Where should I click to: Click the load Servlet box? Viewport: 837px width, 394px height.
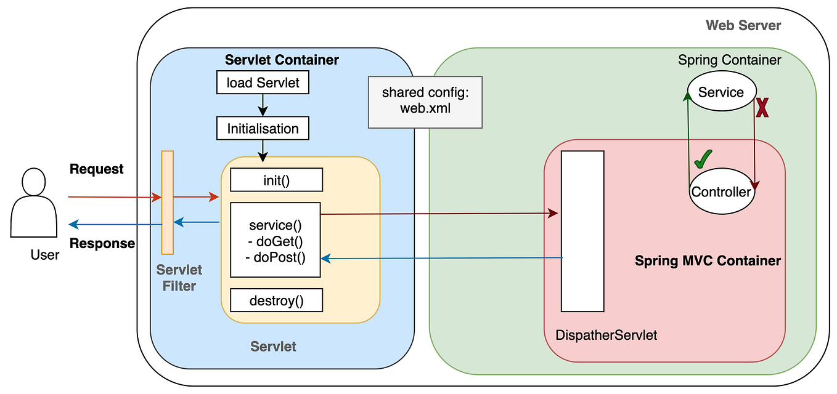[263, 82]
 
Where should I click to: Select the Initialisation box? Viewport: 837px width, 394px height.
[263, 129]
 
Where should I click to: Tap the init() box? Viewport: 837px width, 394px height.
[276, 180]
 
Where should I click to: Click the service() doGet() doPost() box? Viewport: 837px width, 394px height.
[276, 240]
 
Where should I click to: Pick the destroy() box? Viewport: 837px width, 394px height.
[276, 301]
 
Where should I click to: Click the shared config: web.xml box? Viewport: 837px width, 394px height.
[425, 102]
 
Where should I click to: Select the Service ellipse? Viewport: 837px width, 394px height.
[721, 92]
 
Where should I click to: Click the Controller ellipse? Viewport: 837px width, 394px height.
[721, 191]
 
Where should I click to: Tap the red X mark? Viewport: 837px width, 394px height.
[762, 108]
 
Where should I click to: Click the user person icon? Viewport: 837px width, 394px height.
[29, 203]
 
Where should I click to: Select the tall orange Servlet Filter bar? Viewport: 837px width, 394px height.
[167, 202]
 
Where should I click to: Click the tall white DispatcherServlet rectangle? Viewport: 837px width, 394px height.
[582, 231]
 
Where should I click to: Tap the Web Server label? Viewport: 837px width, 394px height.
[743, 25]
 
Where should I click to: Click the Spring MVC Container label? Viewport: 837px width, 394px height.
[708, 260]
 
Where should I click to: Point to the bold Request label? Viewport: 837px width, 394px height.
[97, 169]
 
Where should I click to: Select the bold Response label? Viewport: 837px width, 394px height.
[102, 243]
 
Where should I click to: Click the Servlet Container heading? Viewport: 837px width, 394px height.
[282, 60]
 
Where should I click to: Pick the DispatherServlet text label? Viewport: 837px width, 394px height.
[606, 336]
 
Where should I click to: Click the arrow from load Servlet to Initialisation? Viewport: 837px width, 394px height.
[263, 105]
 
